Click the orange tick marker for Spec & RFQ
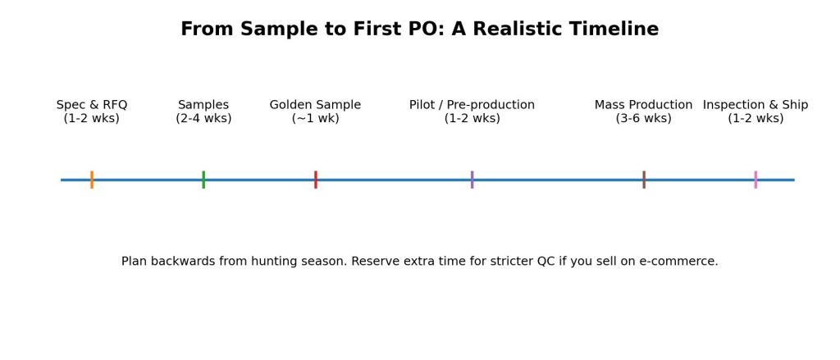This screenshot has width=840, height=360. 92,180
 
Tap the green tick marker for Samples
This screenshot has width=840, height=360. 203,180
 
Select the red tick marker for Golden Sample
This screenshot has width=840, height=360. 315,180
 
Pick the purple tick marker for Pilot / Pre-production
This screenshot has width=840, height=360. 472,180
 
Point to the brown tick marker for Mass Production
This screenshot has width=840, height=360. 644,180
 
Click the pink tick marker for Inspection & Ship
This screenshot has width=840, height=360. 756,180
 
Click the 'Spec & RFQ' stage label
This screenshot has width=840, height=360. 92,105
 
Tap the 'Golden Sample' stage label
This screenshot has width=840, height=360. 315,105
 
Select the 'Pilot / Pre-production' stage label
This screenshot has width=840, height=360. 472,105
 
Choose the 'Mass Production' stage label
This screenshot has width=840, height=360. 644,105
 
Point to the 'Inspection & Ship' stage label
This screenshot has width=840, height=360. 756,105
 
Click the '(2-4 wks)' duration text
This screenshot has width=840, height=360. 203,118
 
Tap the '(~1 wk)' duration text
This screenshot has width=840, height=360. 315,118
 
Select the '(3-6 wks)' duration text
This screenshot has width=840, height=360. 644,118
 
